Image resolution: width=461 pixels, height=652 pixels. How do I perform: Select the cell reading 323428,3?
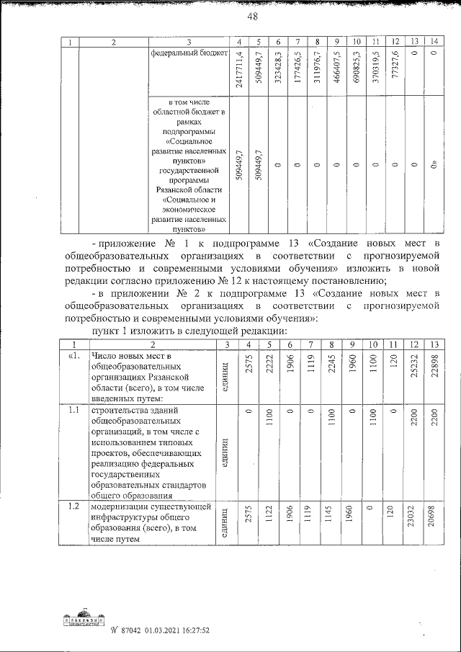278,74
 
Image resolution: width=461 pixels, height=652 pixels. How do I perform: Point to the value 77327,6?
394,76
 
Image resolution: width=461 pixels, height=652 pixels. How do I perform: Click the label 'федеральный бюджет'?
189,53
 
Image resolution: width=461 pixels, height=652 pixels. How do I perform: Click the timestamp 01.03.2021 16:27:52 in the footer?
175,630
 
